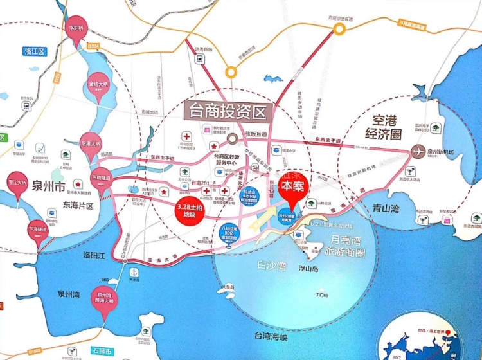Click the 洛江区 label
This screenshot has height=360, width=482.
click(33, 51)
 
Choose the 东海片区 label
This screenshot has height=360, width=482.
click(78, 206)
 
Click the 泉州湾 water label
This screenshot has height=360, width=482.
click(67, 294)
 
